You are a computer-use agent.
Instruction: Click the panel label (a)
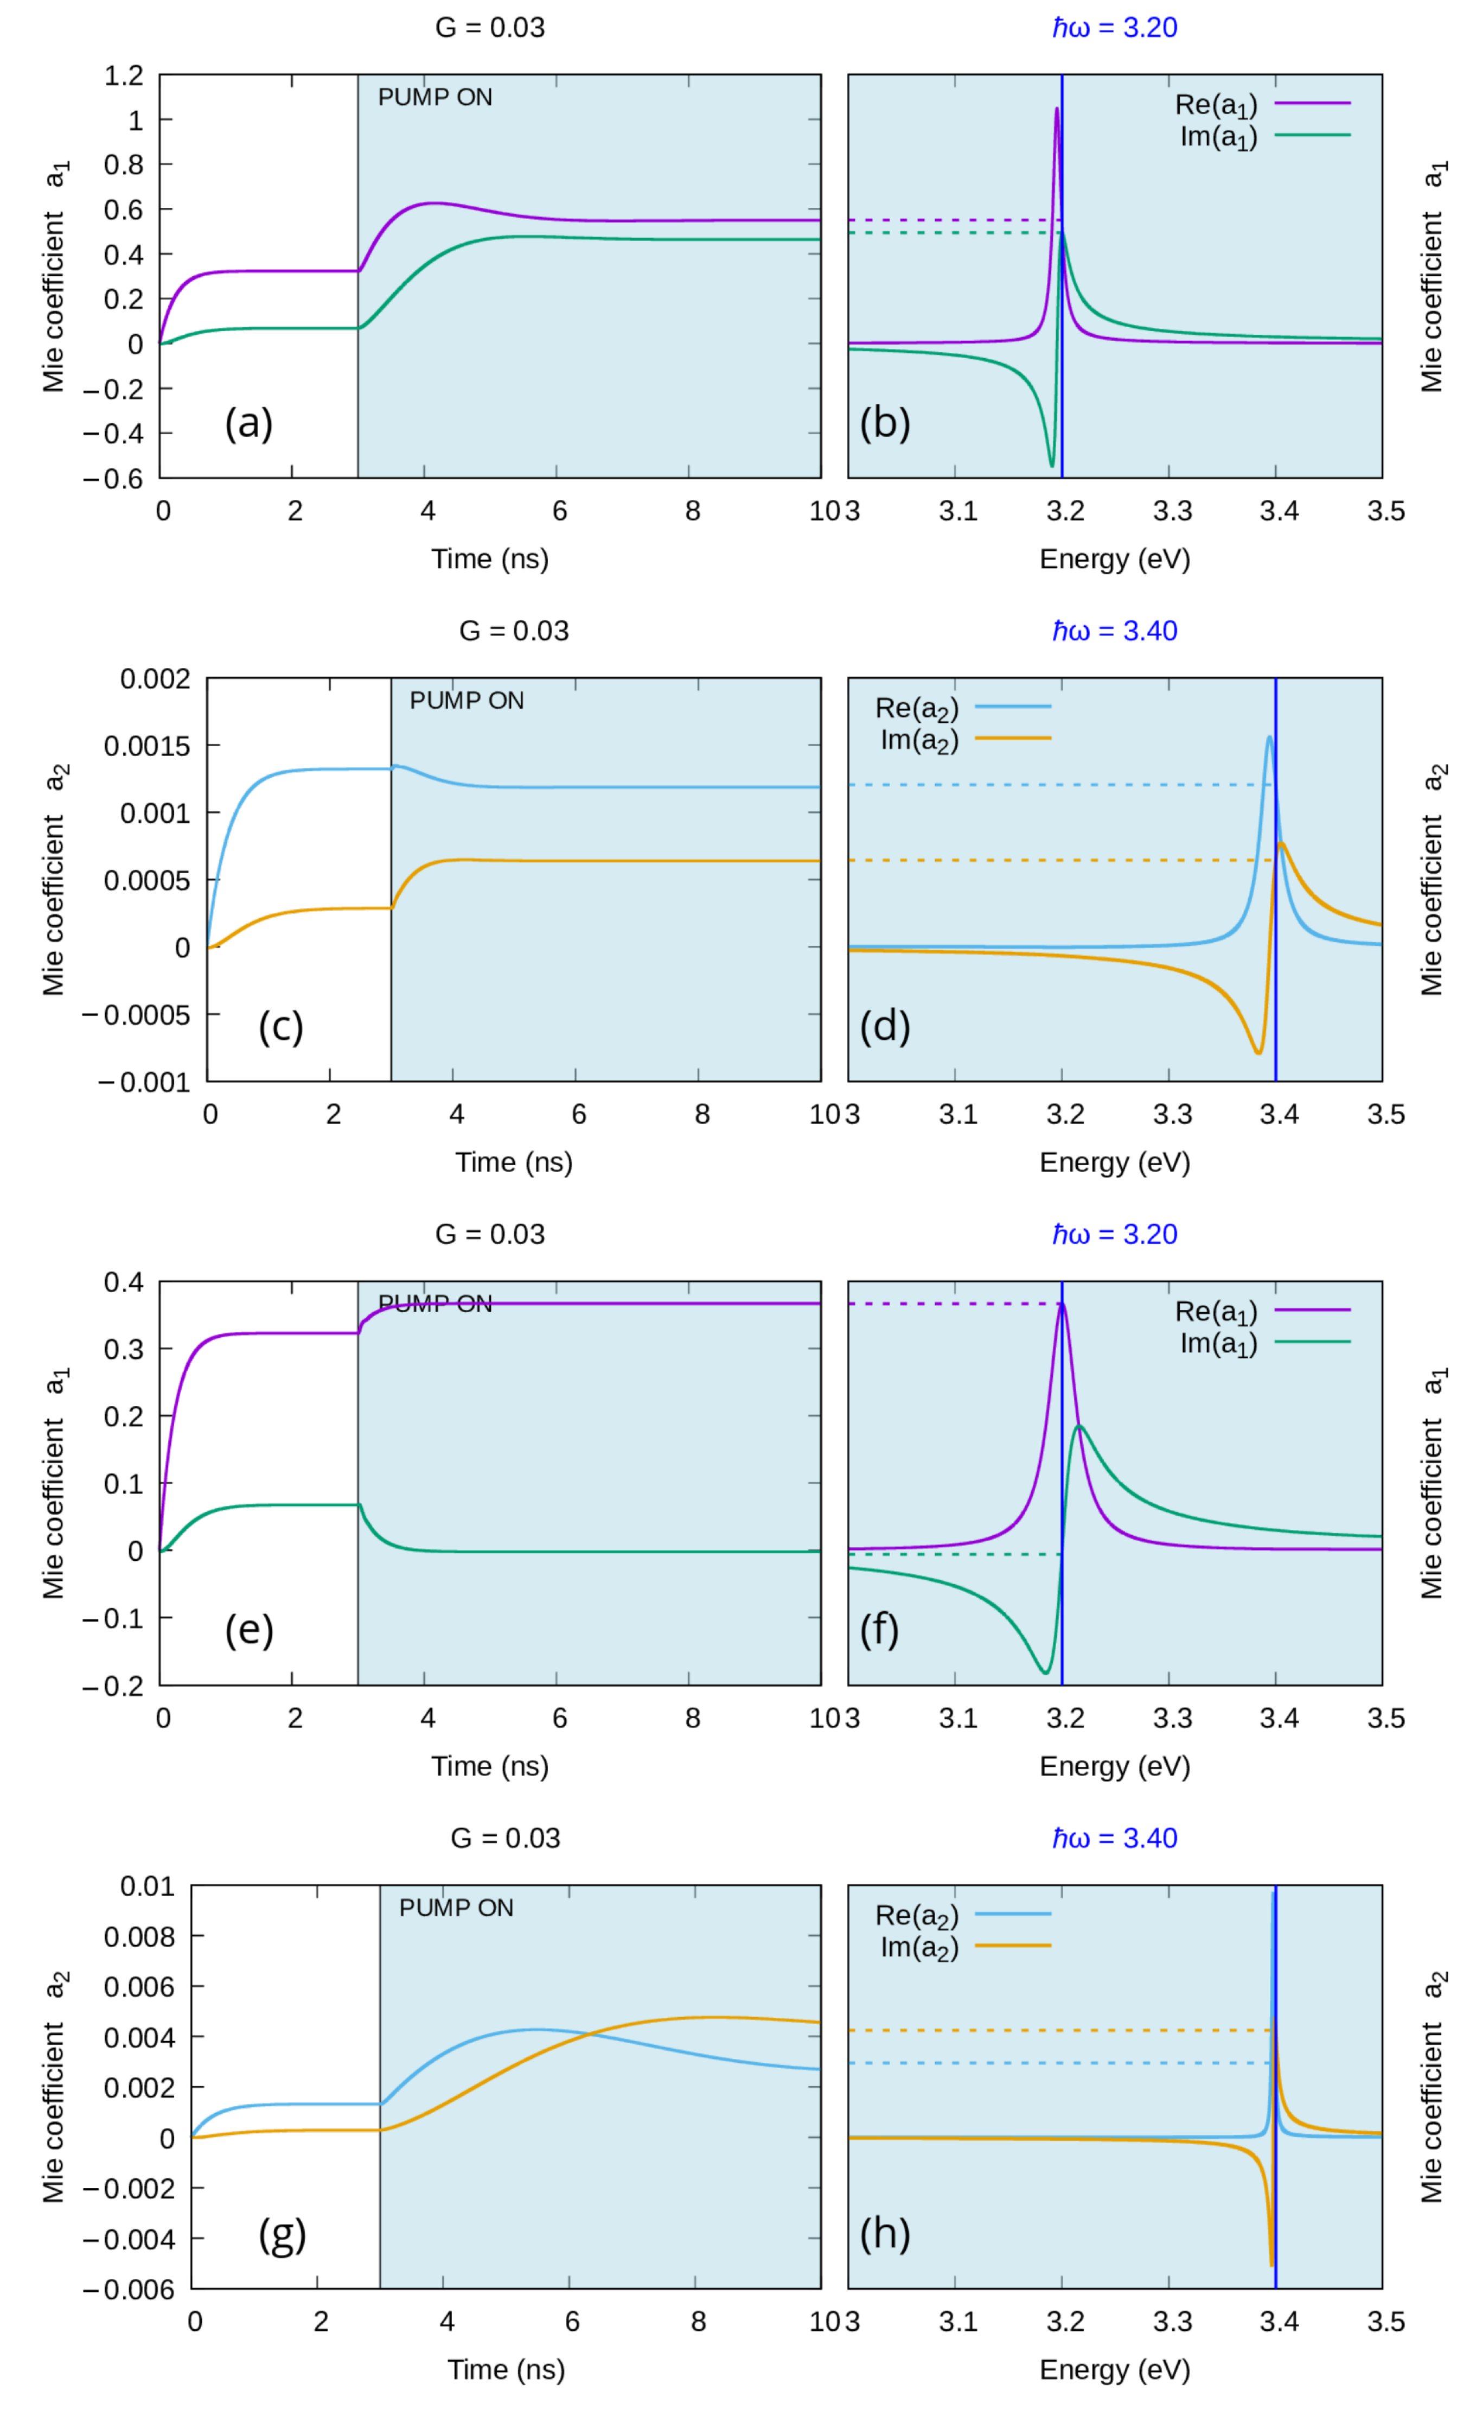pyautogui.click(x=248, y=423)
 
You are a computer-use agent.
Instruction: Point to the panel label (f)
pyautogui.click(x=879, y=1630)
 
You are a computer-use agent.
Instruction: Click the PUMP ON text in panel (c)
pyautogui.click(x=467, y=701)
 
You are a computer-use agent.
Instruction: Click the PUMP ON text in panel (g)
pyautogui.click(x=456, y=1908)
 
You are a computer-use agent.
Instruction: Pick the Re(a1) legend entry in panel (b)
pyautogui.click(x=1262, y=104)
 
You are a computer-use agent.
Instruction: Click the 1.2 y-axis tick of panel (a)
pyautogui.click(x=123, y=75)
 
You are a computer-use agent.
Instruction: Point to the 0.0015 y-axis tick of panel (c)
pyautogui.click(x=146, y=746)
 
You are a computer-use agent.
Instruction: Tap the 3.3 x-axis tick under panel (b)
pyautogui.click(x=1172, y=511)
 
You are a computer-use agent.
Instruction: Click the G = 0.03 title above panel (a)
pyautogui.click(x=490, y=27)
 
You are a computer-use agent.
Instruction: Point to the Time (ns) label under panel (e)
pyautogui.click(x=490, y=1766)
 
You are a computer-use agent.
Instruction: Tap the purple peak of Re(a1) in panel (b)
pyautogui.click(x=1057, y=110)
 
